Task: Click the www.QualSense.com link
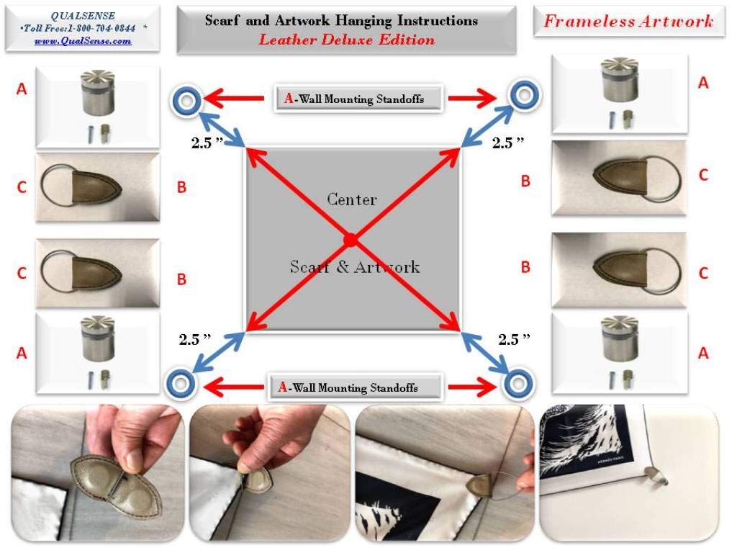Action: coord(83,41)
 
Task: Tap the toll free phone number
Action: coord(101,28)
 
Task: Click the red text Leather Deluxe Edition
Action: coord(347,40)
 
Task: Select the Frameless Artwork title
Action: coord(628,21)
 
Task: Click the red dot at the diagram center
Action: coord(351,240)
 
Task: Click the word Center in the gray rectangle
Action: coord(352,199)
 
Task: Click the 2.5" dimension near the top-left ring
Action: coord(207,143)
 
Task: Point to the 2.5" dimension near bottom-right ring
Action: coord(514,339)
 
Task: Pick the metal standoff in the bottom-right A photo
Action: coord(620,338)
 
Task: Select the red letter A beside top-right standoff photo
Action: coord(703,84)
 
